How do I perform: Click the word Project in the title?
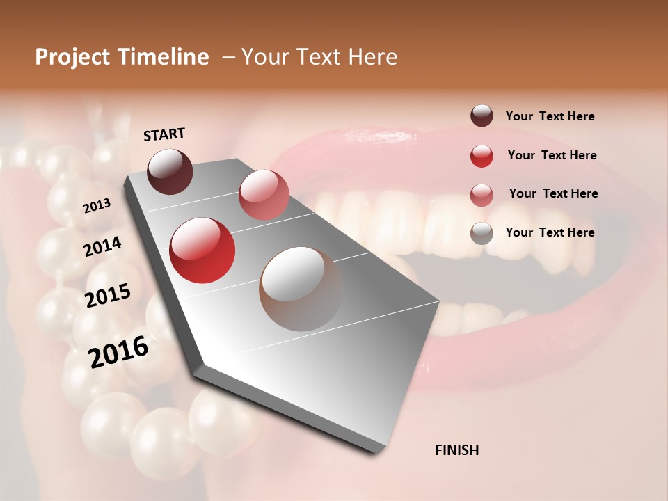71,57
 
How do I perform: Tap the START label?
164,134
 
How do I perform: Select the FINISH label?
456,450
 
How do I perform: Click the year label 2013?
97,205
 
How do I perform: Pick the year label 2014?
103,246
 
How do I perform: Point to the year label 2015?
108,296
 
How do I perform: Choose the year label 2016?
118,351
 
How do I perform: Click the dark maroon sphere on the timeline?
170,171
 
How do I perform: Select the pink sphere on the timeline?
264,195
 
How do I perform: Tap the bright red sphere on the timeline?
202,250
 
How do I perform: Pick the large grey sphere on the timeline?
301,289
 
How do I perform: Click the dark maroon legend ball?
482,116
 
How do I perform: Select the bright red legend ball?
482,156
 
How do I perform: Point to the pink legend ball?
482,194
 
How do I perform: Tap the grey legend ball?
482,232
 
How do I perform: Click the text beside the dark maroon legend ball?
550,116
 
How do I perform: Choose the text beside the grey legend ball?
550,232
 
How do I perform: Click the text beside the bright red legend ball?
552,155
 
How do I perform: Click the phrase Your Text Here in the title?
319,57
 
